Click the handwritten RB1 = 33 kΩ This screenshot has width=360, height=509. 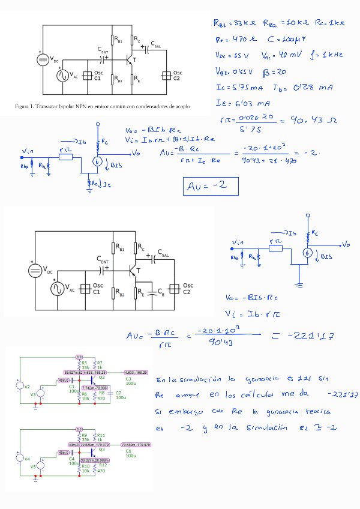(234, 23)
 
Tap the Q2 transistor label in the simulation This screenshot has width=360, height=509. (102, 378)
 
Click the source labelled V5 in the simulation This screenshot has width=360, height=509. (34, 465)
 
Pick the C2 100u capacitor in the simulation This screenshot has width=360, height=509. (119, 395)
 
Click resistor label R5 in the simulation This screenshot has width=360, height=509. (84, 363)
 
